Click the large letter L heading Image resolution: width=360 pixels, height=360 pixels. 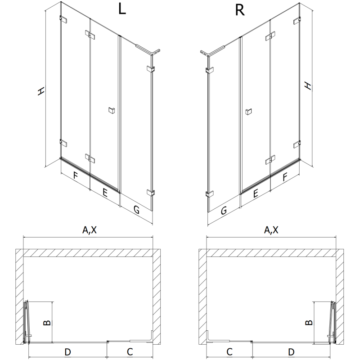point(121,10)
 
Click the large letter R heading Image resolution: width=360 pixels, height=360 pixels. point(239,10)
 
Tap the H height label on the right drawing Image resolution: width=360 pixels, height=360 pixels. point(307,85)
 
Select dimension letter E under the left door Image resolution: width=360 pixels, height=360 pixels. point(104,193)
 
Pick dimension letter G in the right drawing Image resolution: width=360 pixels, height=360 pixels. point(223,209)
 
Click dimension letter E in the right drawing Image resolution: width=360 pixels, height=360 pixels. point(255,193)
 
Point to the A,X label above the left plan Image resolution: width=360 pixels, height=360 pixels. point(89,230)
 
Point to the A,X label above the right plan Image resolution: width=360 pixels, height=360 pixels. point(271,230)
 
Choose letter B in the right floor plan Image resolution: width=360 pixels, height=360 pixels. point(308,322)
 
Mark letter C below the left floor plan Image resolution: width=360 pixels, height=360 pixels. point(129,351)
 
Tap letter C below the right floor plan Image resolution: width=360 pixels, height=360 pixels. point(229,351)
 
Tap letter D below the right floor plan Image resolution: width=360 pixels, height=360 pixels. point(291,351)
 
